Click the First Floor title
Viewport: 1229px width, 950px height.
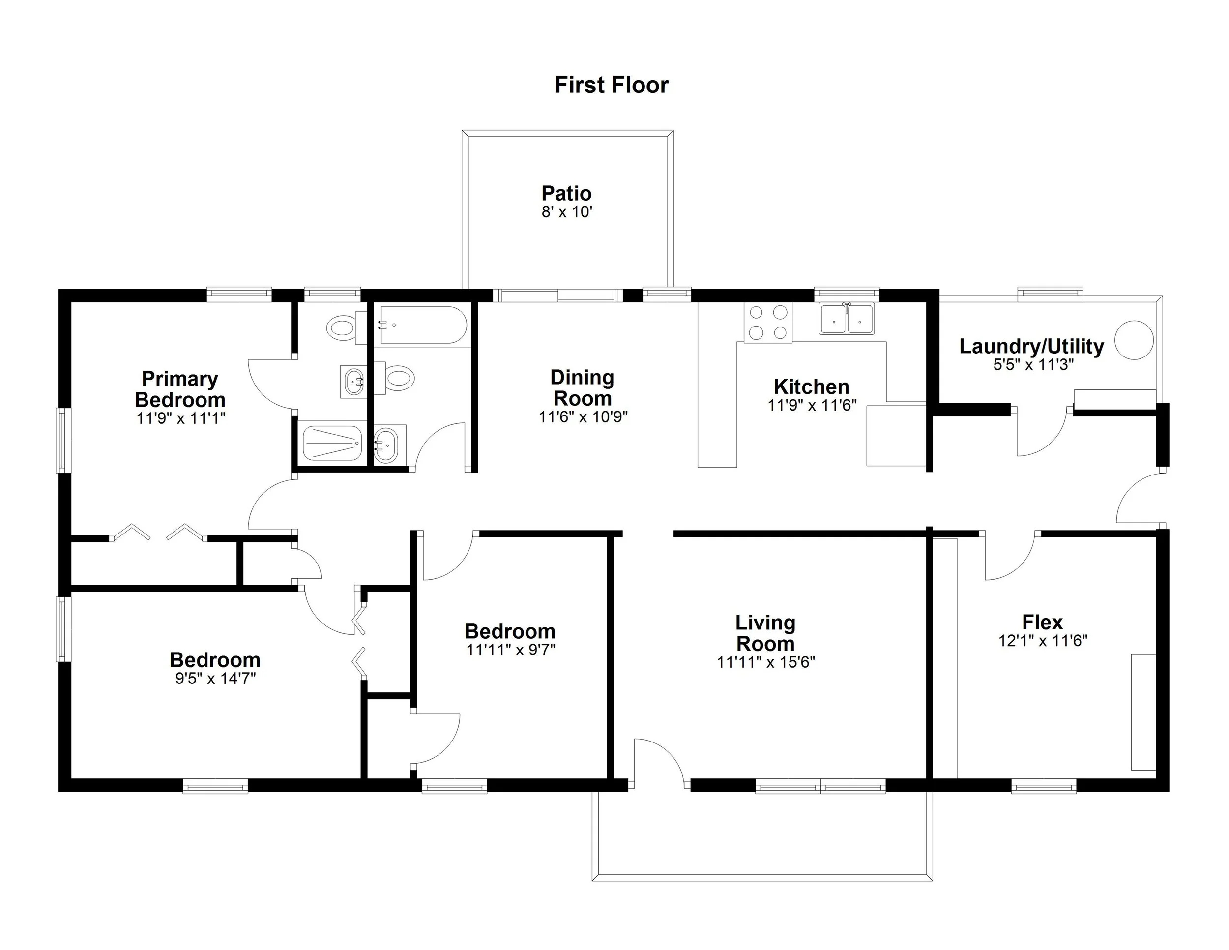point(611,85)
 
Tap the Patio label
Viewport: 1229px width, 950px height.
point(566,193)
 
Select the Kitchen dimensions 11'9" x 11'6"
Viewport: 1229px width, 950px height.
point(812,405)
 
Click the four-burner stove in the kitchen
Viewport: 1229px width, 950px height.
point(767,323)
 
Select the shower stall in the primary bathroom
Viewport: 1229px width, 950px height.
point(331,443)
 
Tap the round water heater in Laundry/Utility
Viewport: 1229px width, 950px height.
point(1134,340)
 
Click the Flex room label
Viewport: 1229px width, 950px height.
point(1042,622)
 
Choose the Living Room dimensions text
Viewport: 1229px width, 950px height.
point(765,662)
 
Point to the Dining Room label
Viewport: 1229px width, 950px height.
point(582,388)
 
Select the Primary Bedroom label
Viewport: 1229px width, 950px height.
point(180,389)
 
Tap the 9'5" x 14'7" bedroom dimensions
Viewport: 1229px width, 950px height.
point(215,679)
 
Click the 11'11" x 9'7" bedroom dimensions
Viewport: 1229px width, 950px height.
point(510,650)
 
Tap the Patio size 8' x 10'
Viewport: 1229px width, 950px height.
point(567,212)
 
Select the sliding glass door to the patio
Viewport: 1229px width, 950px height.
point(557,296)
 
